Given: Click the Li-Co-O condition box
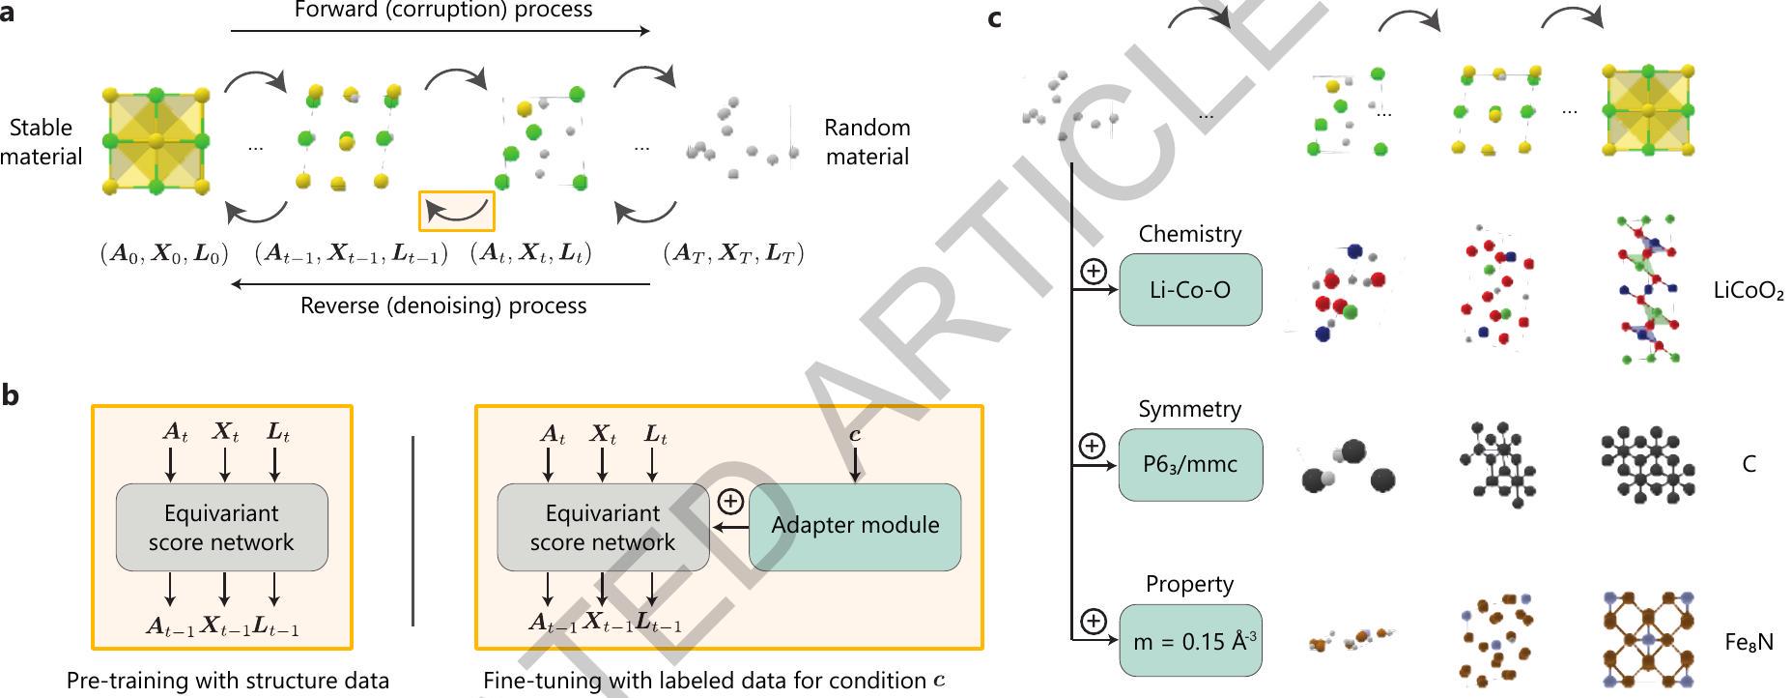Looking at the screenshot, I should pos(1190,290).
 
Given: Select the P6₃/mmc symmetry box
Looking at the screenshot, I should pos(1190,464).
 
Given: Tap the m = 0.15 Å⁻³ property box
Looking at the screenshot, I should pos(1190,641).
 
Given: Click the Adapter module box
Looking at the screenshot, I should pos(855,526).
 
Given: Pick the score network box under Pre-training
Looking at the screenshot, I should pos(221,527).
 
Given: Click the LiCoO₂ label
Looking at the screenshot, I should pos(1749,291).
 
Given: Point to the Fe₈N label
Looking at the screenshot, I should pos(1749,642).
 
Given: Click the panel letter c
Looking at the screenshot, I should pos(995,17).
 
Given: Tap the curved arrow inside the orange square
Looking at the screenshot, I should pos(456,211).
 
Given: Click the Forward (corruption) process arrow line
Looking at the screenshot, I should pos(441,31).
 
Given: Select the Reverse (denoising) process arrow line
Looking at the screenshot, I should pos(441,284).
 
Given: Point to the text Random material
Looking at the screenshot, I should pos(867,142).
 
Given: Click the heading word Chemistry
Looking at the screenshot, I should pos(1189,234).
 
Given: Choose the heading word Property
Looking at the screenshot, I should pos(1189,584).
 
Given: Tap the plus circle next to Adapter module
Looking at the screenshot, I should pos(730,501).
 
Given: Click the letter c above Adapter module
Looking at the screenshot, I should pos(855,435).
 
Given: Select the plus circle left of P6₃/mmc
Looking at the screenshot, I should pos(1092,446).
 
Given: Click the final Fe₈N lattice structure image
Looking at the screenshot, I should pos(1647,639).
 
